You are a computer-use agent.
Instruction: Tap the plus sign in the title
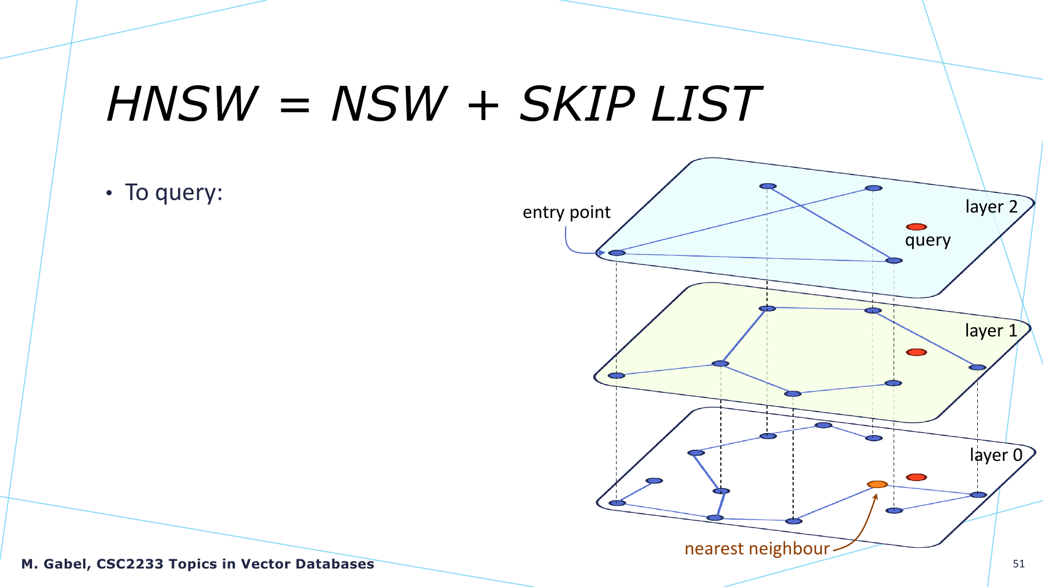(x=482, y=105)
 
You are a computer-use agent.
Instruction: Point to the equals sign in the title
(x=294, y=105)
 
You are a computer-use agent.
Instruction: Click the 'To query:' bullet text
(x=174, y=192)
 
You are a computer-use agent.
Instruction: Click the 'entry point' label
(x=567, y=212)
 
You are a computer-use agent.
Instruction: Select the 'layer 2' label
(x=991, y=207)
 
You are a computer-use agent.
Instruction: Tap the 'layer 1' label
(x=991, y=330)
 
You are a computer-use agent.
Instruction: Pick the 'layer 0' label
(x=996, y=455)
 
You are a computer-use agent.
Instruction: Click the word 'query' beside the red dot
(x=928, y=240)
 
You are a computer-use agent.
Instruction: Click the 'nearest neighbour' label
(x=757, y=548)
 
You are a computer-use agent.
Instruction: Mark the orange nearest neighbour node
(x=877, y=484)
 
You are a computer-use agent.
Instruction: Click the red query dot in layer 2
(x=916, y=227)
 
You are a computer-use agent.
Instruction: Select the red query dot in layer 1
(x=916, y=352)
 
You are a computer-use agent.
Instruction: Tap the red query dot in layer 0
(x=916, y=477)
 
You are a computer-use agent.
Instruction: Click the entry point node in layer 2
(x=617, y=253)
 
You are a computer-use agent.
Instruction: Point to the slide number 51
(x=1019, y=564)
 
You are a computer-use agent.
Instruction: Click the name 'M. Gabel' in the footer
(x=55, y=564)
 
